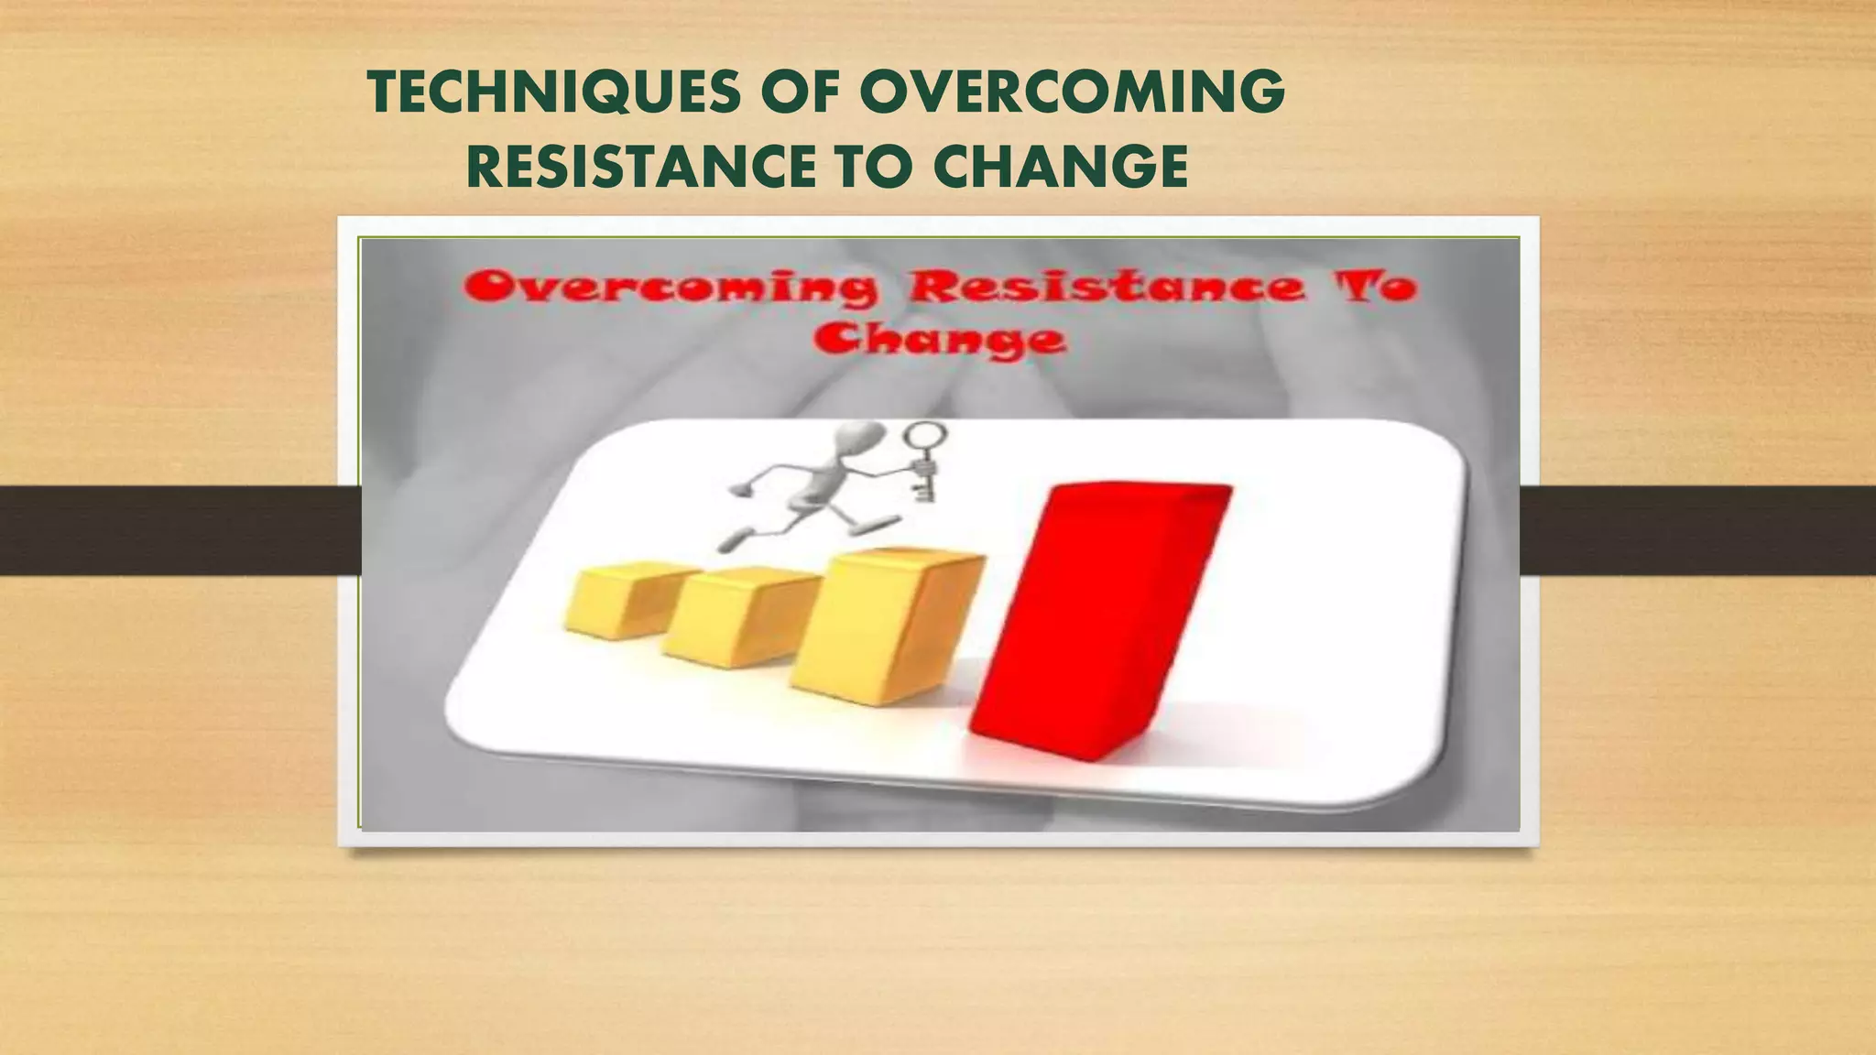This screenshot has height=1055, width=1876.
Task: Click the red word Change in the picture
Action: pos(939,340)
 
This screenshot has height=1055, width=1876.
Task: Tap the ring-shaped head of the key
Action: pos(927,435)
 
